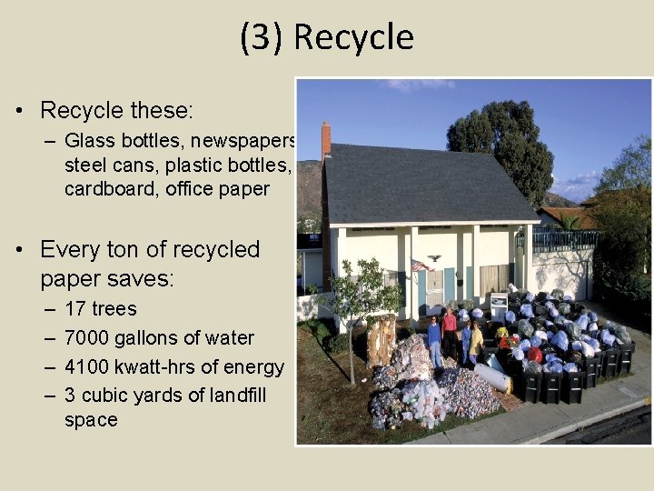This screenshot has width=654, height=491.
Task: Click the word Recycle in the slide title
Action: tap(354, 38)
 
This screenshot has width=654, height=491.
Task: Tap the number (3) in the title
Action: tap(263, 38)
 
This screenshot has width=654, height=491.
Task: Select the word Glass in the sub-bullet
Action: tap(88, 141)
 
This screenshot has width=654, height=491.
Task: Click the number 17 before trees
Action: tap(76, 309)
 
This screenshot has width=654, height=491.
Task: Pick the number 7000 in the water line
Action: tap(89, 337)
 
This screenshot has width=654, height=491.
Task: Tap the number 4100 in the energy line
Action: tap(89, 366)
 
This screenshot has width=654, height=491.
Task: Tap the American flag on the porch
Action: tap(419, 265)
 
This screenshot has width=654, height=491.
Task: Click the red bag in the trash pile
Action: tap(537, 354)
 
